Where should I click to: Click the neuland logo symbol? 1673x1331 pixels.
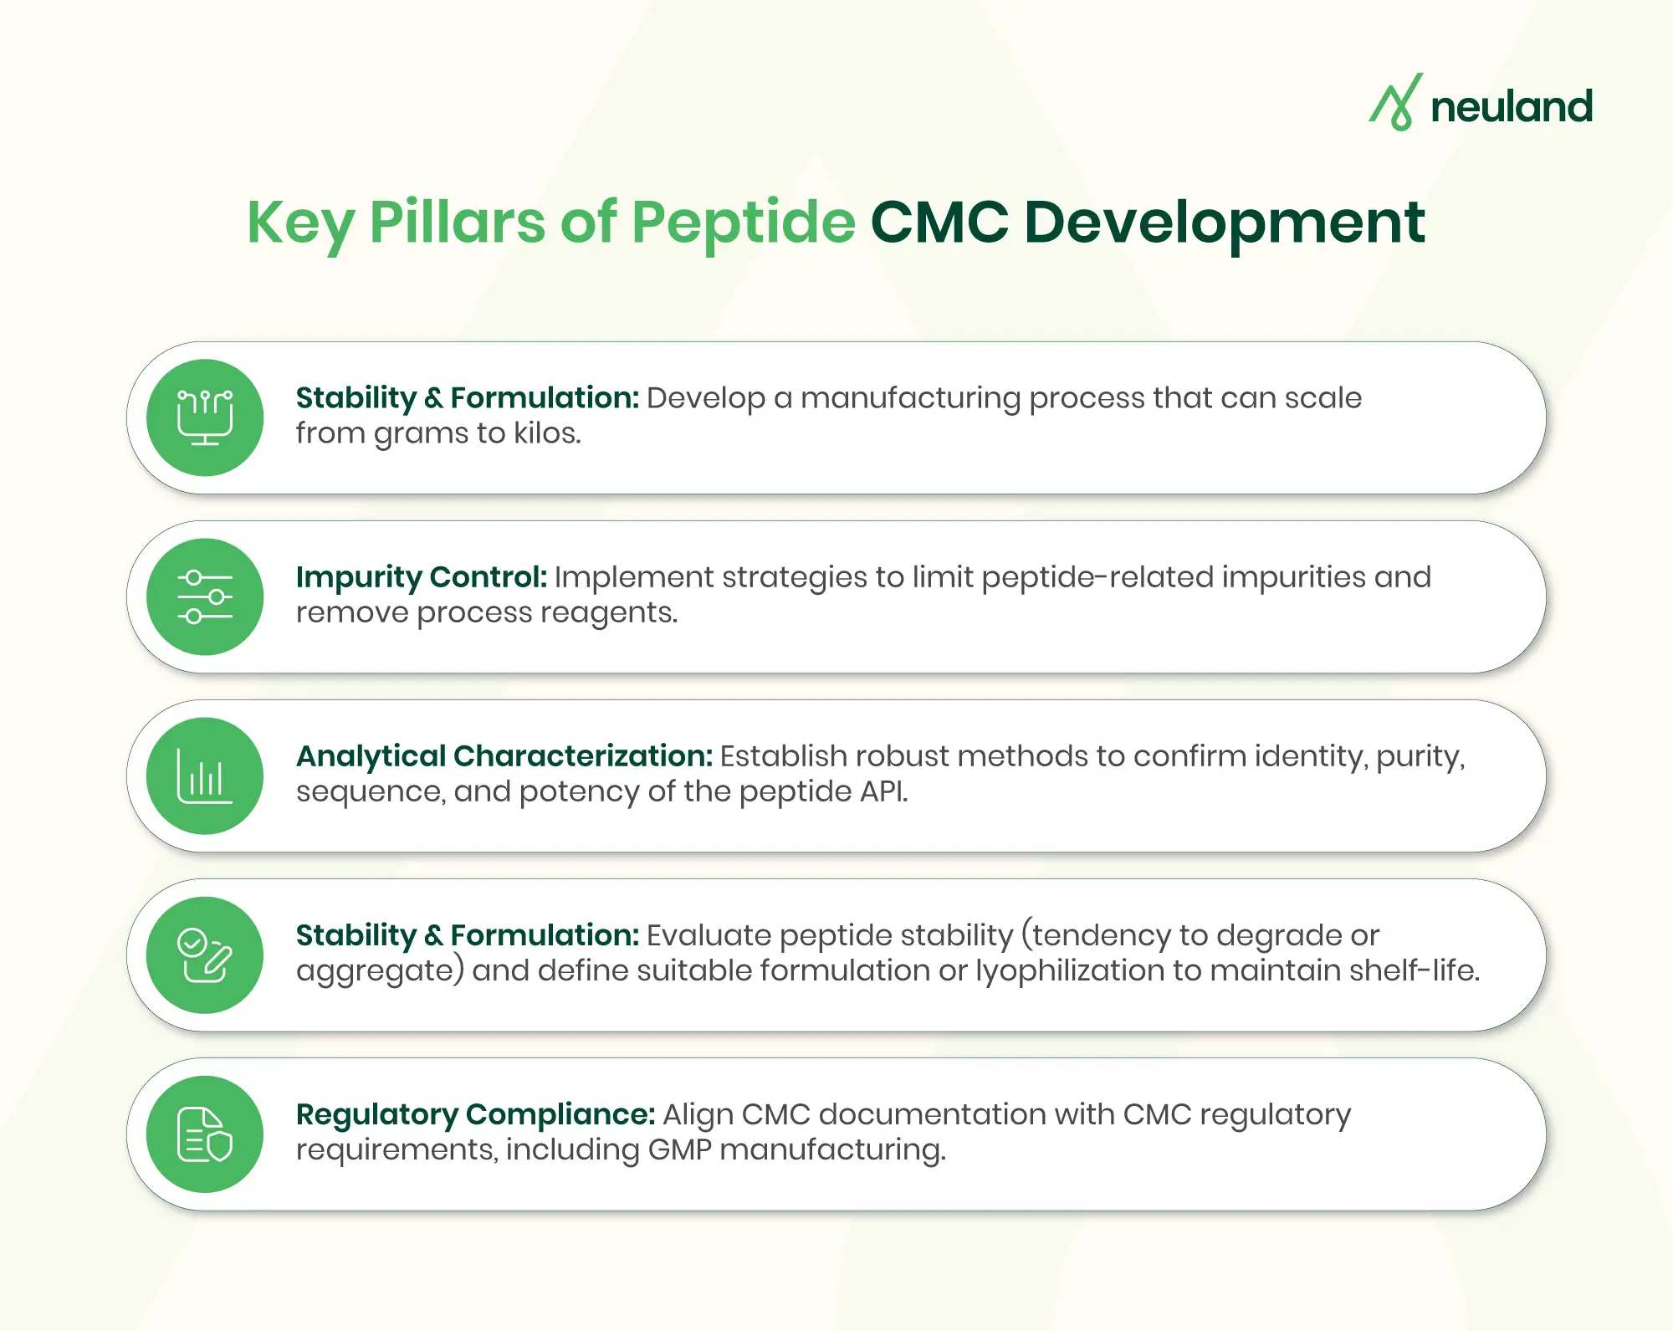click(1395, 103)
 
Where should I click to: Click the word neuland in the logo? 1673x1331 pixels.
click(1511, 107)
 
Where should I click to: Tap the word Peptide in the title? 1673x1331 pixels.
click(743, 223)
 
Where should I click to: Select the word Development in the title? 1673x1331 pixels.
click(1224, 223)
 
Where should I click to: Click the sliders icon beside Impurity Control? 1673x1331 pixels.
click(205, 596)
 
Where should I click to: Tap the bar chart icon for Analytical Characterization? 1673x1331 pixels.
click(205, 776)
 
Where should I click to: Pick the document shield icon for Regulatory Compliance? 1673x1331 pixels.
click(205, 1134)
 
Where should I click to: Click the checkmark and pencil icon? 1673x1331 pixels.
click(205, 955)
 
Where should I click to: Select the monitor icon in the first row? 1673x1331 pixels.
click(205, 417)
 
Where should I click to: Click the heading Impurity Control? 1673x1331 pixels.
click(421, 577)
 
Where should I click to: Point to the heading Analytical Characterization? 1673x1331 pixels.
click(504, 756)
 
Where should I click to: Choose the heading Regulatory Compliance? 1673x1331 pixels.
click(475, 1114)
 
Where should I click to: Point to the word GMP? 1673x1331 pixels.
click(679, 1149)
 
